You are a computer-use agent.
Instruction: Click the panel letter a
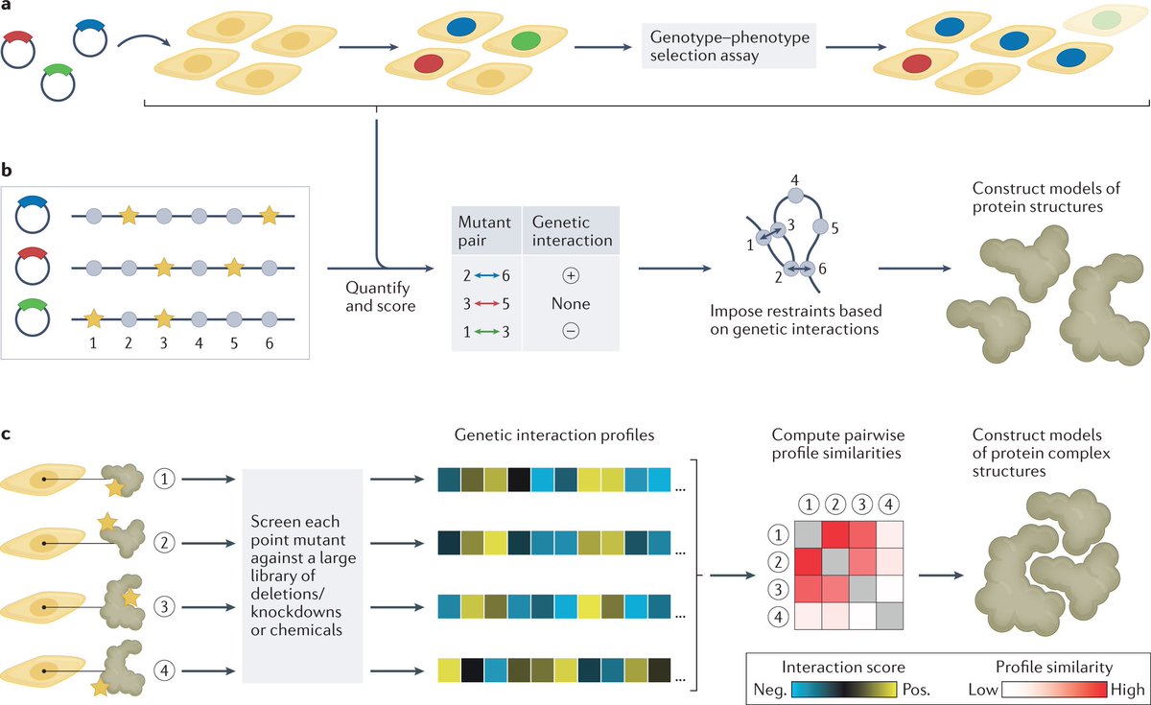pyautogui.click(x=8, y=8)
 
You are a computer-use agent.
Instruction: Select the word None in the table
pyautogui.click(x=571, y=303)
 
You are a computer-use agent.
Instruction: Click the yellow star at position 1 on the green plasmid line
pyautogui.click(x=93, y=316)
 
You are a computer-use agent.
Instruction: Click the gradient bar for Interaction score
pyautogui.click(x=844, y=689)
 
